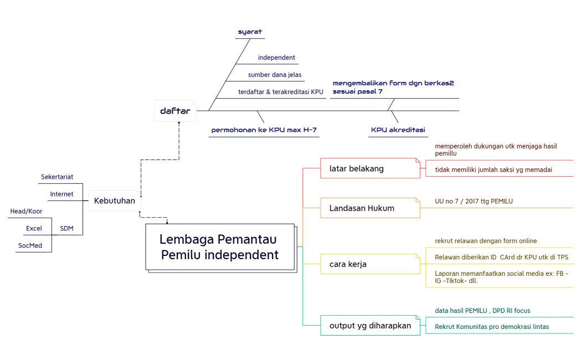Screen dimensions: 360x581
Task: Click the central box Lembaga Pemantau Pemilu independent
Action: pyautogui.click(x=219, y=247)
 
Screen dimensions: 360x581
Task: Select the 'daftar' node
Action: pyautogui.click(x=175, y=111)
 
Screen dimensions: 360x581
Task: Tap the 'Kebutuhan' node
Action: pyautogui.click(x=114, y=200)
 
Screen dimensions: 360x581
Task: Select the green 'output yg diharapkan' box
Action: pyautogui.click(x=370, y=326)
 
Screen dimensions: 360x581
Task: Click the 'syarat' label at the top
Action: pyautogui.click(x=250, y=32)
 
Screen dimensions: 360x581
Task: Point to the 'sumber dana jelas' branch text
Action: pyautogui.click(x=275, y=74)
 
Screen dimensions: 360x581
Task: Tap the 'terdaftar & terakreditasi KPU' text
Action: pyautogui.click(x=280, y=91)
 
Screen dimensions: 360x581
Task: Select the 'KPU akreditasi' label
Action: pyautogui.click(x=398, y=130)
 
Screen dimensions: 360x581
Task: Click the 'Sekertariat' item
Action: pyautogui.click(x=57, y=177)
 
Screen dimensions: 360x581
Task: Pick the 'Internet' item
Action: pyautogui.click(x=61, y=194)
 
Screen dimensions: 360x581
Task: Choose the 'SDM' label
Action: pyautogui.click(x=66, y=228)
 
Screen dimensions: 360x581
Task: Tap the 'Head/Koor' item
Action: pyautogui.click(x=26, y=211)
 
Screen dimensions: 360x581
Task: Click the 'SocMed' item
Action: pyautogui.click(x=29, y=245)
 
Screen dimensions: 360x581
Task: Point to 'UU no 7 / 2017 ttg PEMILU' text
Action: pyautogui.click(x=474, y=201)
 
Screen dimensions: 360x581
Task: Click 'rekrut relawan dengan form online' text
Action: pyautogui.click(x=486, y=241)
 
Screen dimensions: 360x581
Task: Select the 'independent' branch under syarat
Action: pyautogui.click(x=276, y=58)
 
